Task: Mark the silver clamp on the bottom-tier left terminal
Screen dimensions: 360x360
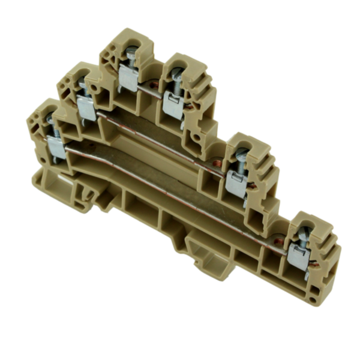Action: coord(56,149)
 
